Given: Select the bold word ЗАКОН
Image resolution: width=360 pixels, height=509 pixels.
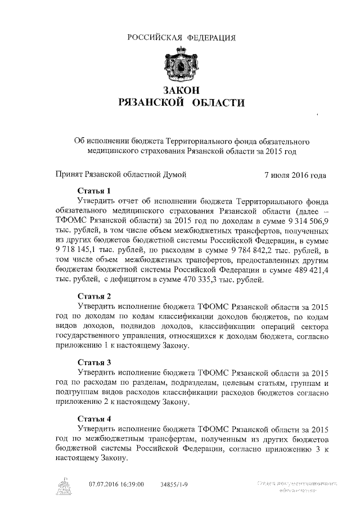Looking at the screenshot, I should coord(181,90).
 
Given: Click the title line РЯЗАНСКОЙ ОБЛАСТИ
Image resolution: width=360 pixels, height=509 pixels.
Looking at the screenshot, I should coord(181,102).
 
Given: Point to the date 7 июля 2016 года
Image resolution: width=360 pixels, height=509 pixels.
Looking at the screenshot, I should coord(295,175).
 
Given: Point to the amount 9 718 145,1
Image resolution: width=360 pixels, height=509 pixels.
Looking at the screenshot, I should coord(79,251).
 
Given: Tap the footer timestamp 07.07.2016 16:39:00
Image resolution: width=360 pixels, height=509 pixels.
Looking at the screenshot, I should coord(116,484).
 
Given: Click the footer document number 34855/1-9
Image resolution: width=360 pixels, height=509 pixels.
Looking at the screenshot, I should coord(174,484).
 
